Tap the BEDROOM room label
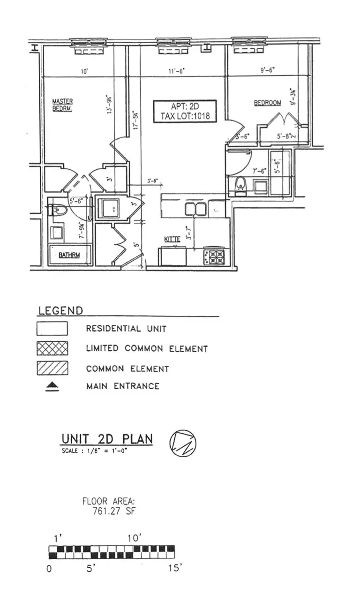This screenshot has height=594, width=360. [268, 103]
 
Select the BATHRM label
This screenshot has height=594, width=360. [70, 256]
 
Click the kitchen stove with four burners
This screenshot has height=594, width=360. [216, 256]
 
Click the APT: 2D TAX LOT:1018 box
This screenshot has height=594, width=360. [185, 111]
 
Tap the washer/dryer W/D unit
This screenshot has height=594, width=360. [112, 208]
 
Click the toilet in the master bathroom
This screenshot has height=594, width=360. [59, 210]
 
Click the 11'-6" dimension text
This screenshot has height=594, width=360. [176, 71]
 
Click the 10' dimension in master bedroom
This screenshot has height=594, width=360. [84, 72]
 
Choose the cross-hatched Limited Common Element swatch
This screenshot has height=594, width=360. [52, 348]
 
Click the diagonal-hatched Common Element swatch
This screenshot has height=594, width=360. [52, 368]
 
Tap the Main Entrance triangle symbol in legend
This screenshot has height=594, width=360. [52, 387]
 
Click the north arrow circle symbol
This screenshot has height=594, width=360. [182, 442]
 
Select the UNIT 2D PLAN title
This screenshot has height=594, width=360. [107, 439]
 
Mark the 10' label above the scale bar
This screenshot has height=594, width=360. [134, 539]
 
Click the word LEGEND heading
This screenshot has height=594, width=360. [60, 310]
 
